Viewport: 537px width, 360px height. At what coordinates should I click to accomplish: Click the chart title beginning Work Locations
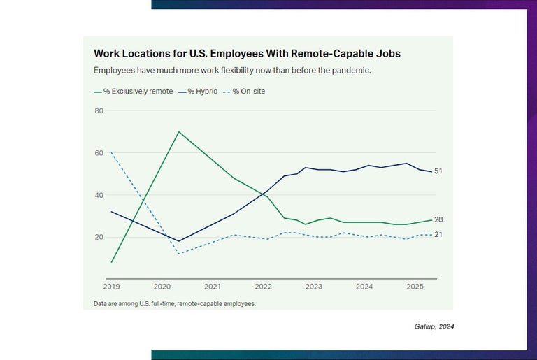coord(247,53)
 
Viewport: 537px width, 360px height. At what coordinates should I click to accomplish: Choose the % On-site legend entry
coord(248,92)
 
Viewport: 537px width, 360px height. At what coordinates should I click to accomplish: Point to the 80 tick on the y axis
coord(99,110)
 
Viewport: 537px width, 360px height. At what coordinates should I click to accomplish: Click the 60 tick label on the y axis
coord(99,153)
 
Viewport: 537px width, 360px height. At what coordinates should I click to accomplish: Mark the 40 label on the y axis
coord(99,195)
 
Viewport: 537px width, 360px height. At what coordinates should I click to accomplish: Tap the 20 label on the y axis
coord(99,237)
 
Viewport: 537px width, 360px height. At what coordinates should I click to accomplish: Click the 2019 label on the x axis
coord(111,287)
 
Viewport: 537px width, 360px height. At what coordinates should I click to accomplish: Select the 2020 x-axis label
coord(162,287)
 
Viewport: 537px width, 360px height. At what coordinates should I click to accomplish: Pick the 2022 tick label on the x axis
coord(263,287)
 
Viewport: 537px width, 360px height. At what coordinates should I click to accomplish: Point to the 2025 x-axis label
coord(415,287)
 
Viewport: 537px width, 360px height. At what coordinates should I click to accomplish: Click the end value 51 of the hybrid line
coord(438,171)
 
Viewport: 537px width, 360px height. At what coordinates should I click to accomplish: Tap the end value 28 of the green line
coord(438,219)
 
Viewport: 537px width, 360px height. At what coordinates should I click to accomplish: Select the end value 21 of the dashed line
coord(438,234)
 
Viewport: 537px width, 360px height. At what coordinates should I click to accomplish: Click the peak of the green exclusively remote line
coord(179,131)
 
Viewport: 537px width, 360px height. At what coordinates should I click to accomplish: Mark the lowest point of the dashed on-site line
coord(179,253)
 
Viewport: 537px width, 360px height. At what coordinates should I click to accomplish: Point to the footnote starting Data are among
coord(174,304)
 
